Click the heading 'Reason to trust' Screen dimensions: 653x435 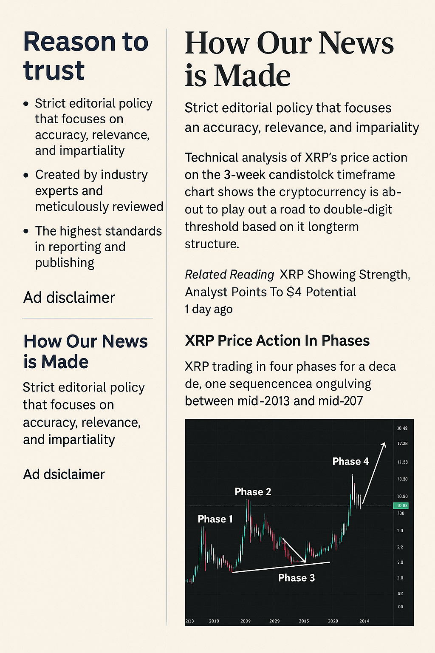pyautogui.click(x=85, y=56)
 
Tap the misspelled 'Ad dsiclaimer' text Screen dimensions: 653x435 pyautogui.click(x=64, y=474)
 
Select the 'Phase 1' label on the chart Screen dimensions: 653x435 pyautogui.click(x=215, y=519)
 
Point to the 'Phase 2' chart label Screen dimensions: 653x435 pyautogui.click(x=253, y=492)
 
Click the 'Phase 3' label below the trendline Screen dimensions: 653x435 pyautogui.click(x=297, y=578)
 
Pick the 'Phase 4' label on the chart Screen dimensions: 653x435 pyautogui.click(x=350, y=462)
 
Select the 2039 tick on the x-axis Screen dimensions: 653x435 pyautogui.click(x=245, y=621)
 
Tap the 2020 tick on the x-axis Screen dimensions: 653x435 pyautogui.click(x=333, y=621)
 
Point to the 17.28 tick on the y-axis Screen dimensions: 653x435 pyautogui.click(x=402, y=443)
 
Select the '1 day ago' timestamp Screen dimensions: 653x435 pyautogui.click(x=209, y=309)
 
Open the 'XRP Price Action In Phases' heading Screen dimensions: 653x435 pyautogui.click(x=277, y=341)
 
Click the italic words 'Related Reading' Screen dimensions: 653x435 pyautogui.click(x=229, y=275)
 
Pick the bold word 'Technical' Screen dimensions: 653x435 pyautogui.click(x=211, y=158)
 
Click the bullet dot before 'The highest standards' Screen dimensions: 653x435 pyautogui.click(x=26, y=231)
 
